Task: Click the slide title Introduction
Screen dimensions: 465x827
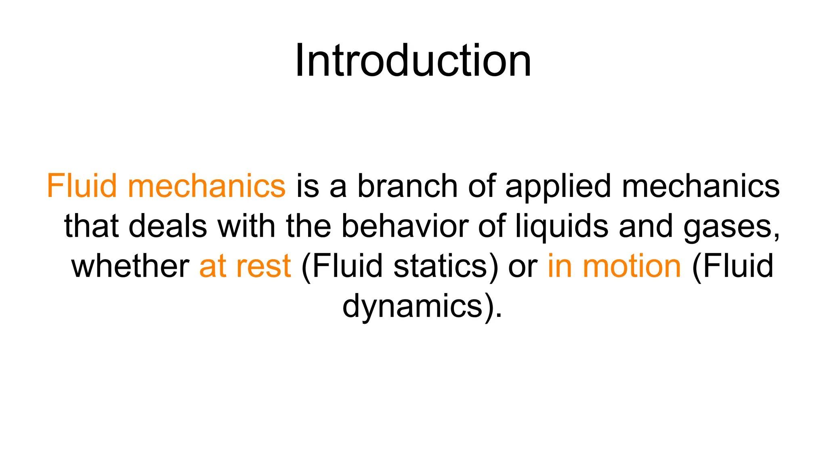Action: point(413,61)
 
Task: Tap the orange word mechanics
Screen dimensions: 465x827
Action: point(206,186)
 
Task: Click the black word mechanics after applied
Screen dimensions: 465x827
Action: point(701,186)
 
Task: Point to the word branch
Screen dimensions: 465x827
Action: point(408,186)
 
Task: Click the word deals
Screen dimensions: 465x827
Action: point(168,226)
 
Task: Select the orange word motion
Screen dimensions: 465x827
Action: point(632,266)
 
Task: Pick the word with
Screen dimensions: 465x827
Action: point(247,226)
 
